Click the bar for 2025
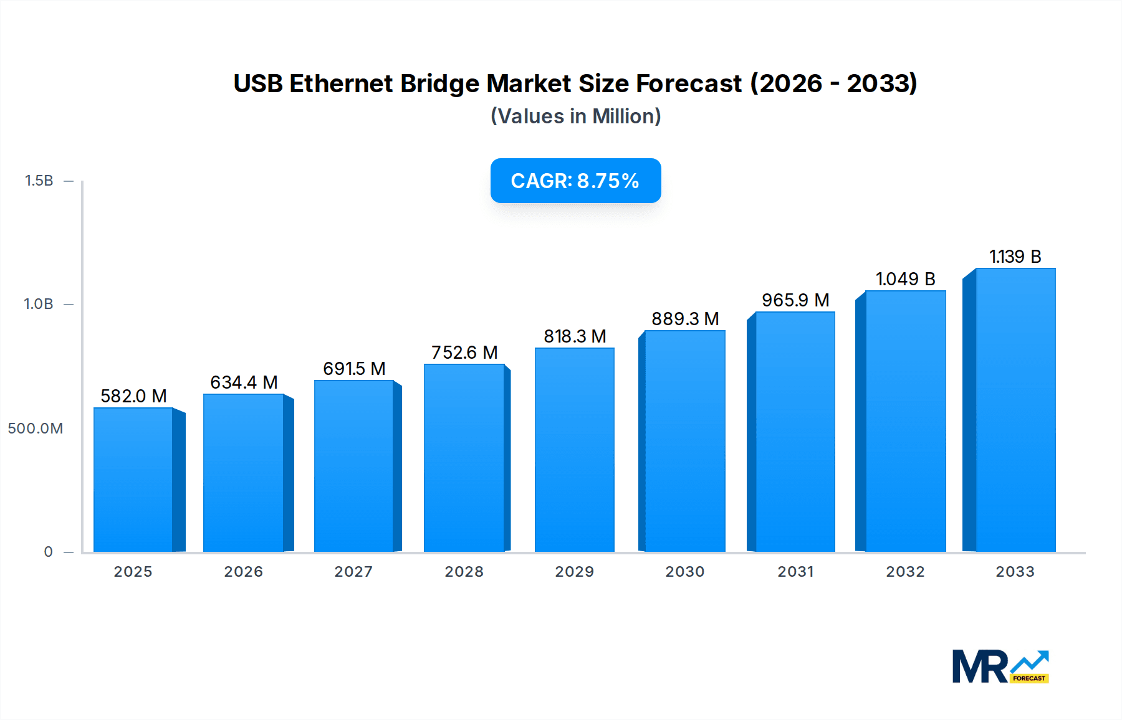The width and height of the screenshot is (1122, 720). coord(133,480)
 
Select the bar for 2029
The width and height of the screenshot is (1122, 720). coord(574,450)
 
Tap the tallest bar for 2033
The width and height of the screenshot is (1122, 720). coord(1015,410)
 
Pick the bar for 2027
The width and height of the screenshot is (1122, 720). coord(353,466)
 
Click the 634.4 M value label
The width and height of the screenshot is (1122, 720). coord(244,382)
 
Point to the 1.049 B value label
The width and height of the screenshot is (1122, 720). coord(905,279)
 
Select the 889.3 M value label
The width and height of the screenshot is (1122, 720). coord(685,319)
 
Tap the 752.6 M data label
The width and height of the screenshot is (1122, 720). coord(464,353)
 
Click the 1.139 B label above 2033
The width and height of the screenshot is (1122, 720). coord(1015,257)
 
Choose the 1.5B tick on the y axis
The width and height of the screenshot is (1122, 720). coord(39,181)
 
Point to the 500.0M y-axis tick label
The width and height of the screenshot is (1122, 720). coord(36,429)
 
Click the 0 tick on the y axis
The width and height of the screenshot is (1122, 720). coord(48,552)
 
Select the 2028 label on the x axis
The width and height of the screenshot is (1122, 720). coord(464,572)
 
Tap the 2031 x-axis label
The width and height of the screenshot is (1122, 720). coord(795,572)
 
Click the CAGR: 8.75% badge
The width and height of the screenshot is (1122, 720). coord(575,181)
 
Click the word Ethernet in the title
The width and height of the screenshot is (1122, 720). coord(341,83)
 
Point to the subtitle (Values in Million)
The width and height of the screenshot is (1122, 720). coord(575,116)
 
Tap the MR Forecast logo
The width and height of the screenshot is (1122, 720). coord(1000,666)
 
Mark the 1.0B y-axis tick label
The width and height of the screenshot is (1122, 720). coord(39,305)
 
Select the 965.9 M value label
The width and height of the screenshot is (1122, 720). coord(795,300)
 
